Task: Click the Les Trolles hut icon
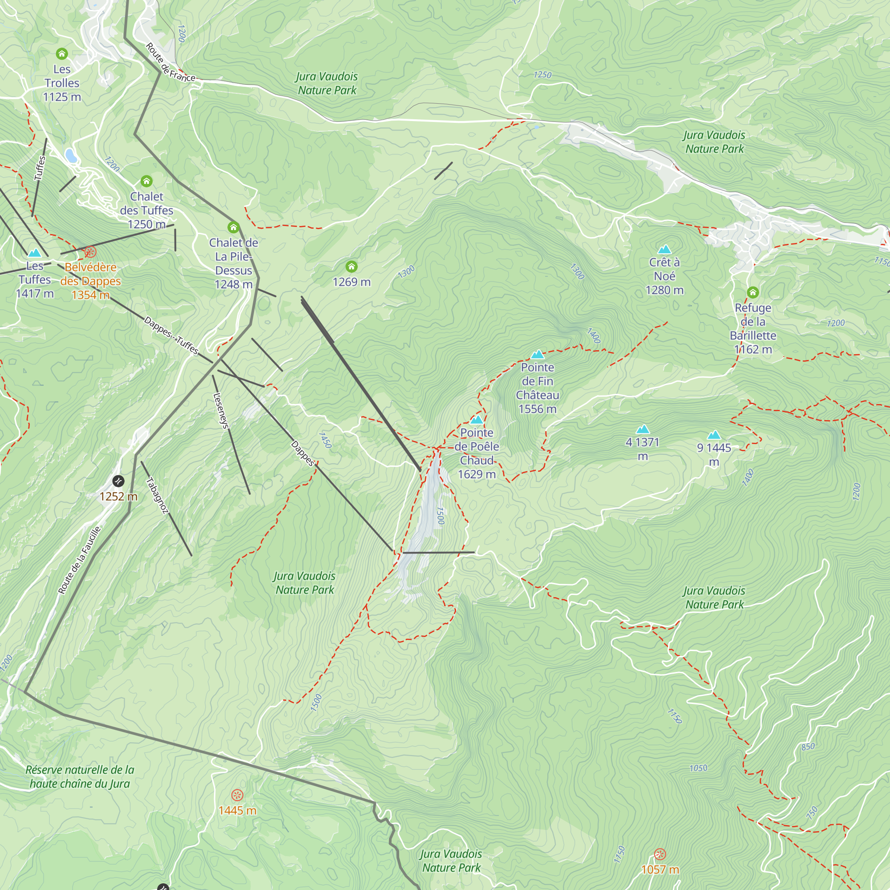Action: click(62, 54)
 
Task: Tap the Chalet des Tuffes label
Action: click(146, 210)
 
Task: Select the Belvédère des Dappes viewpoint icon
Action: click(90, 252)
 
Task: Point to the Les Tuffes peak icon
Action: click(35, 253)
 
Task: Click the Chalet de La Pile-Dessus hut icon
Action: click(234, 227)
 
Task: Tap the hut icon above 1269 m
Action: click(352, 266)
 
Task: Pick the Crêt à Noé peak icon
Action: click(664, 249)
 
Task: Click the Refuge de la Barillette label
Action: click(753, 328)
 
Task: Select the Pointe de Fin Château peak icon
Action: click(538, 354)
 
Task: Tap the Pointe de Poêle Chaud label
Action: click(477, 453)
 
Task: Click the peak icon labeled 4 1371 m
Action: click(643, 429)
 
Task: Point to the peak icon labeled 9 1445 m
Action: click(714, 435)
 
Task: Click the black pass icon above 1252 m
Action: click(118, 481)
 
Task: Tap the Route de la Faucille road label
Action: click(79, 560)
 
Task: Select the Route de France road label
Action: click(170, 63)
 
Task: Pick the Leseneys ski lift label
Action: click(221, 410)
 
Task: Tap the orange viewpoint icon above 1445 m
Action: click(237, 795)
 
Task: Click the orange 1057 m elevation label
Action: click(660, 870)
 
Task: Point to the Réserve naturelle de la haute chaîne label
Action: click(80, 776)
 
